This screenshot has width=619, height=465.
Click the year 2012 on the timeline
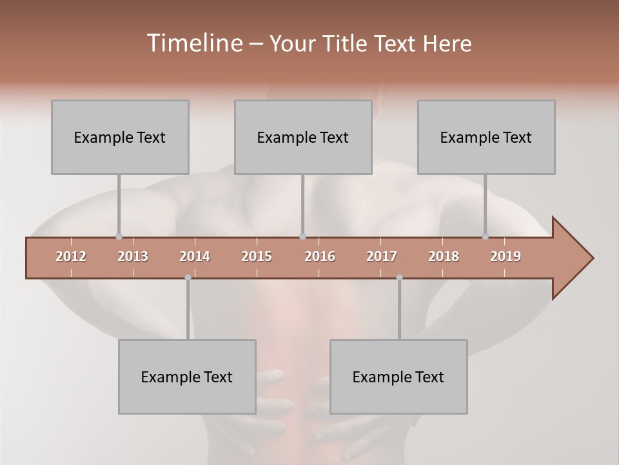tap(71, 256)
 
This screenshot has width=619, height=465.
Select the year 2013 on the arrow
tap(133, 256)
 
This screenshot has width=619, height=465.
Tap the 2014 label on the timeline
tap(195, 256)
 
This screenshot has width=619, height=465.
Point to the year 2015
tap(257, 256)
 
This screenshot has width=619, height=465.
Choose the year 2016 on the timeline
tap(320, 256)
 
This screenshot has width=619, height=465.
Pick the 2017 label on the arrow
tap(382, 256)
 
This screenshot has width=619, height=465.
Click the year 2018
tap(444, 256)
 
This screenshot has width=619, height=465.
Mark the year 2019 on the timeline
tap(506, 256)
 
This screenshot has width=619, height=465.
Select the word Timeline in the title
tap(193, 43)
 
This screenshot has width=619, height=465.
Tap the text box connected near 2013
tap(120, 137)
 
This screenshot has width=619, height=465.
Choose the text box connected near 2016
tap(303, 137)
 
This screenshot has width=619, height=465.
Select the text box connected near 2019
tap(486, 137)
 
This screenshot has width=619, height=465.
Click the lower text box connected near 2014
tap(187, 377)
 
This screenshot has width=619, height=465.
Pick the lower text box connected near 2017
tap(398, 377)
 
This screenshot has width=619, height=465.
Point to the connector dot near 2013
tap(119, 236)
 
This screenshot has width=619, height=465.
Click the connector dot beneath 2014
tap(188, 278)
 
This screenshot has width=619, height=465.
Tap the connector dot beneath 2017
tap(399, 278)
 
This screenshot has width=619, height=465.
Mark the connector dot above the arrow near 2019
tap(485, 236)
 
